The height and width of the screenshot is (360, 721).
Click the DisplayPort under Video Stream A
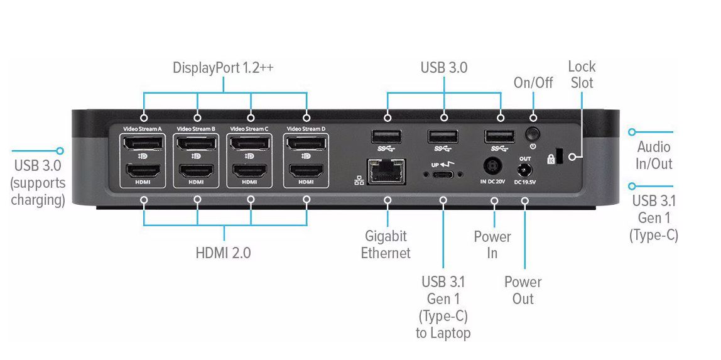tap(143, 145)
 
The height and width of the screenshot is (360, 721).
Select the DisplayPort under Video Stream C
tap(249, 145)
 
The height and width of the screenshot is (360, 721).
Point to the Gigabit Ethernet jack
tap(386, 171)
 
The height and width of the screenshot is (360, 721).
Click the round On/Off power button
tap(533, 133)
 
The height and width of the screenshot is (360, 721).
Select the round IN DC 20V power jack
tap(493, 166)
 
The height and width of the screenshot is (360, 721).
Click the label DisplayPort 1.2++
tap(223, 68)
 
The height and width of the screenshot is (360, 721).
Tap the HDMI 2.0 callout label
tap(223, 253)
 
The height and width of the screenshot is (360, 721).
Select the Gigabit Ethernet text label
tap(386, 244)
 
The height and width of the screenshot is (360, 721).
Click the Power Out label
tap(523, 290)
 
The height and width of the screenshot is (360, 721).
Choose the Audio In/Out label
tap(654, 155)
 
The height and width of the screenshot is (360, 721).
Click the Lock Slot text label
tap(582, 74)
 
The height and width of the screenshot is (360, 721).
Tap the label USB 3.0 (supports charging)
tap(38, 183)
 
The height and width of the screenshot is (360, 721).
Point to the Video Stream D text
tap(306, 129)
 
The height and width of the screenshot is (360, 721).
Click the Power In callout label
tap(492, 244)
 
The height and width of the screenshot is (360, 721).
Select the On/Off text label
tap(533, 82)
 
